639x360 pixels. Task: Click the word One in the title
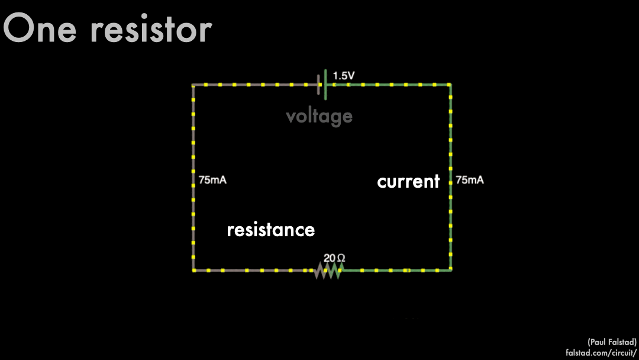[x=39, y=29]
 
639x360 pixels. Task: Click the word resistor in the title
[x=150, y=29]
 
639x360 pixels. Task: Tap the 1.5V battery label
[x=344, y=76]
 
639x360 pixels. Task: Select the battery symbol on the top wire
[x=322, y=85]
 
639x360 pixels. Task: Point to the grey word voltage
[x=319, y=116]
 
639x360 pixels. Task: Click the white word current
[x=408, y=181]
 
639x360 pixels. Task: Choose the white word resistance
[x=270, y=230]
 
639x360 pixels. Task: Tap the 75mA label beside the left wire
[x=212, y=180]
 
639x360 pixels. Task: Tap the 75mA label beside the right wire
[x=469, y=180]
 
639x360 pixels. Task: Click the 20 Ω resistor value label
[x=334, y=258]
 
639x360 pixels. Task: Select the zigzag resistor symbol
[x=328, y=271]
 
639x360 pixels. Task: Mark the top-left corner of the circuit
[x=193, y=85]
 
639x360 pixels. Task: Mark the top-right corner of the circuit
[x=450, y=85]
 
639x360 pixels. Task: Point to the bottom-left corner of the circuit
[x=193, y=271]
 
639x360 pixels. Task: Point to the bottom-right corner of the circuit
[x=450, y=271]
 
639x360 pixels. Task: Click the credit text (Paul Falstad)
[x=612, y=342]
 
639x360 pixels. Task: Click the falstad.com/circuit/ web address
[x=601, y=353]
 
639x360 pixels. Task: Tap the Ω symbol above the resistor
[x=341, y=258]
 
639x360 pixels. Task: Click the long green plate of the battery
[x=325, y=85]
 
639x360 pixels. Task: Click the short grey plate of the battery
[x=319, y=85]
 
